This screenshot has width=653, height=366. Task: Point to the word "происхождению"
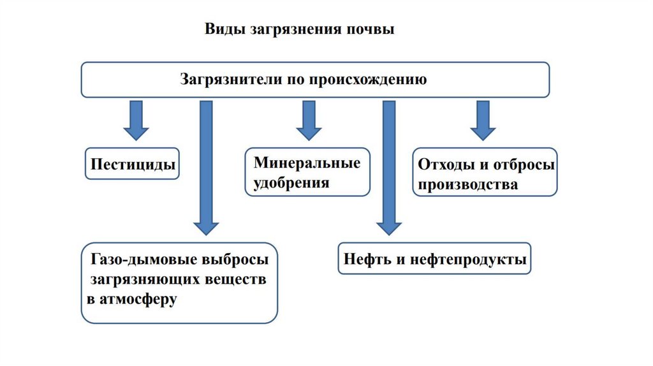368,80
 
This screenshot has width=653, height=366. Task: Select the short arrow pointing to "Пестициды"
136,120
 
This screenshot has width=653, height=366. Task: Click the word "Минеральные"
307,163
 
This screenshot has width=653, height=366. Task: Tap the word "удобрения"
291,184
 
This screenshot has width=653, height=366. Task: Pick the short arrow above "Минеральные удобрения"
309,120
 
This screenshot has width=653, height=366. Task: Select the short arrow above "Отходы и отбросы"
483,120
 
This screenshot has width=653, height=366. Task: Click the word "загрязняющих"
140,280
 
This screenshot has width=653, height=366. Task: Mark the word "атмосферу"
136,300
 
